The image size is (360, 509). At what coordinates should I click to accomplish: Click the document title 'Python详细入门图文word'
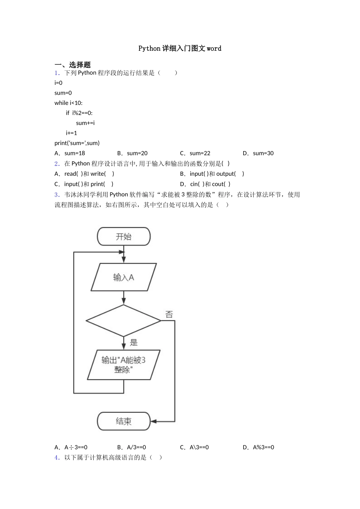point(180,48)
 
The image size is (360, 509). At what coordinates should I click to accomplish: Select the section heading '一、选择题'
point(72,65)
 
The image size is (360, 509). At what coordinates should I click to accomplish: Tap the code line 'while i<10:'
point(68,103)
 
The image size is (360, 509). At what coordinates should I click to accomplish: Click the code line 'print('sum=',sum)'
point(77,143)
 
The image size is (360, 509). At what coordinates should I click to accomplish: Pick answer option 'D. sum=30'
point(258,153)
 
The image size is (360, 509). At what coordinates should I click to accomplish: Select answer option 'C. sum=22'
point(195,153)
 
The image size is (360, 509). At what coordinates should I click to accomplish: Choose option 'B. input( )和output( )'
point(212,174)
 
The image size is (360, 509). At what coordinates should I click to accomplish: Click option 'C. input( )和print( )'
point(84,184)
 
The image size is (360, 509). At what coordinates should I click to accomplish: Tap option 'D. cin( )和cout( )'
point(205,184)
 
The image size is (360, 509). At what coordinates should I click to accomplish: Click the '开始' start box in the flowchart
point(124,237)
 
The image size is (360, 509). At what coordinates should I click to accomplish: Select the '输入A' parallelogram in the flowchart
point(124,278)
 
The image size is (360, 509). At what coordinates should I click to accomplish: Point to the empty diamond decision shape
point(124,321)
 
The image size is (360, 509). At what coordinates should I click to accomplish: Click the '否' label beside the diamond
point(169,314)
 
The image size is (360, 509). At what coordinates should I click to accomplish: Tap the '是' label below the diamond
point(134,343)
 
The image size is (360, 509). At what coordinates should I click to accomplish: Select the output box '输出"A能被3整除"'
point(124,365)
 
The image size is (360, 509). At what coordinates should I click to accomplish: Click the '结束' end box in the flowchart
point(124,421)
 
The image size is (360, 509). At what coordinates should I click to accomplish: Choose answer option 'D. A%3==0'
point(258,447)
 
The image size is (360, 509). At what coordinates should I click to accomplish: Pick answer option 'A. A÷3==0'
point(71,447)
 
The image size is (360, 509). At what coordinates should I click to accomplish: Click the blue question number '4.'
point(57,457)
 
